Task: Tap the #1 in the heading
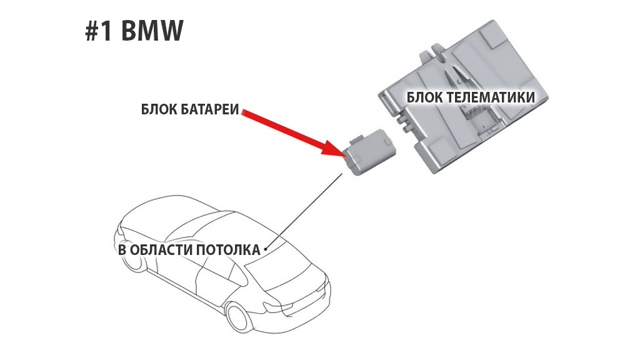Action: point(99,32)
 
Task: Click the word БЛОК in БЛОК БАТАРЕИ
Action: point(159,111)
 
